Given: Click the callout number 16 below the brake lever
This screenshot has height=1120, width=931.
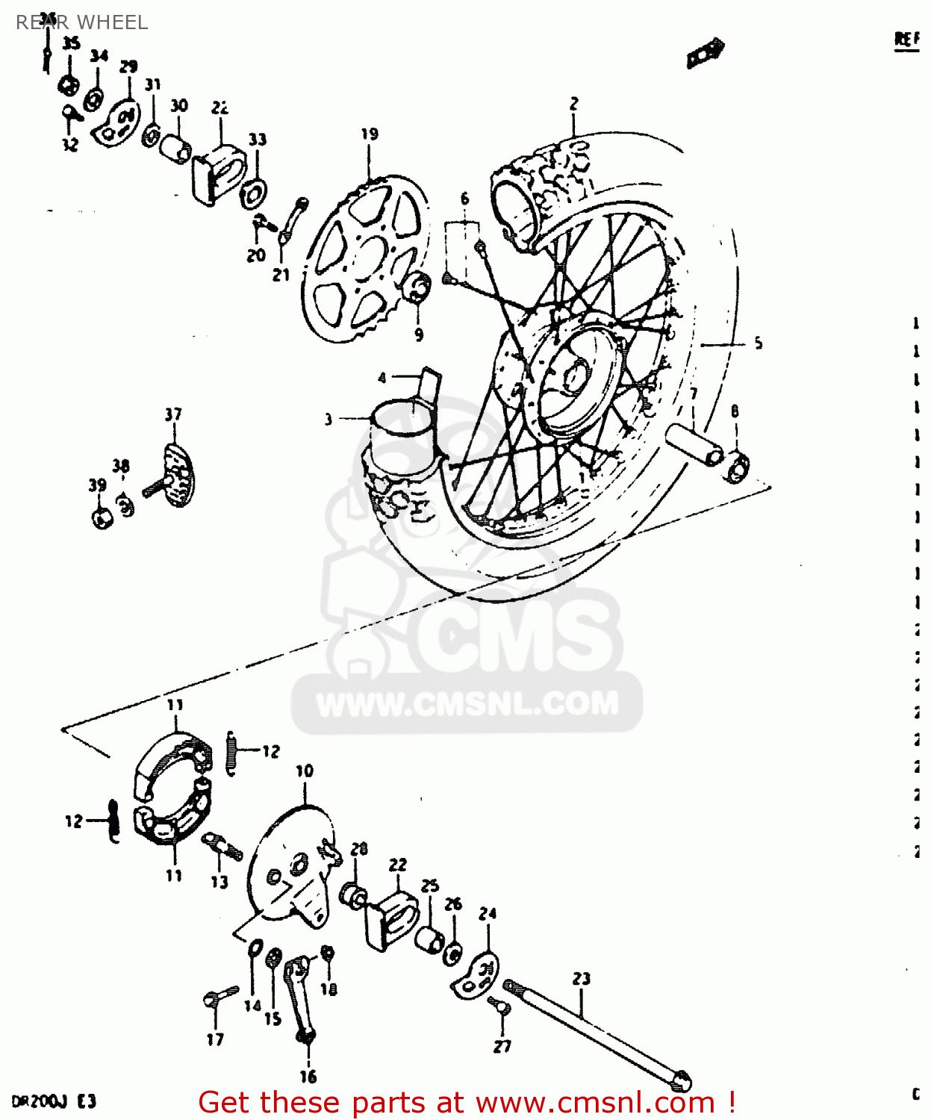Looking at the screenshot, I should (308, 1076).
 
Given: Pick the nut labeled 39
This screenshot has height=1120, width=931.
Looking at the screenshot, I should (102, 517).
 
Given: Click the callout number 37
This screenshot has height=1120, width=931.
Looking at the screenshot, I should (173, 414).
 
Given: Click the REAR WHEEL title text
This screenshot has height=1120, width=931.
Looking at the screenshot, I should (82, 22).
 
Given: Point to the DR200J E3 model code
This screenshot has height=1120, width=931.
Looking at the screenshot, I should (54, 1101).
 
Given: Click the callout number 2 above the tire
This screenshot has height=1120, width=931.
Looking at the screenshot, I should (573, 104).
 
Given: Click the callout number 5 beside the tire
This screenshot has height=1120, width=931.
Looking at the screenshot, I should (758, 343).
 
